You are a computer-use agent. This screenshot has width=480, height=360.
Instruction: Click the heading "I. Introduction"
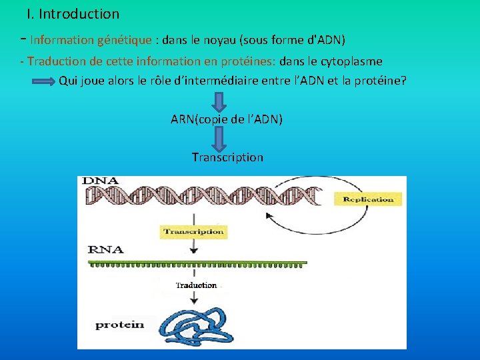tap(73, 14)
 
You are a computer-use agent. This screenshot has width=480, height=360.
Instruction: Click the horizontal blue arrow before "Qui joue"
tap(45, 82)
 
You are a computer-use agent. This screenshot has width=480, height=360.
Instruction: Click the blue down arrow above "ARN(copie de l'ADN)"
tap(219, 102)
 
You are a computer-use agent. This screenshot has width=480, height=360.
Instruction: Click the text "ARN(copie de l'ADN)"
tap(227, 119)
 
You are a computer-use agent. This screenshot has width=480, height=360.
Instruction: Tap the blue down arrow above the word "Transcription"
tap(219, 139)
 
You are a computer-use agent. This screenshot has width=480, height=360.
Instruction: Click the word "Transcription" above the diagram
tap(227, 157)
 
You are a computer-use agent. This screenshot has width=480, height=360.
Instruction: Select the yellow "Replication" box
tap(368, 199)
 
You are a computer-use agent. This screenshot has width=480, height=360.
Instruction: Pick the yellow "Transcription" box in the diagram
tap(193, 232)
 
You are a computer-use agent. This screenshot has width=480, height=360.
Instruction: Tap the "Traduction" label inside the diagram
tap(196, 285)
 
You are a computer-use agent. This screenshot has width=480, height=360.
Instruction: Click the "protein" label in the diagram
tap(119, 325)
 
